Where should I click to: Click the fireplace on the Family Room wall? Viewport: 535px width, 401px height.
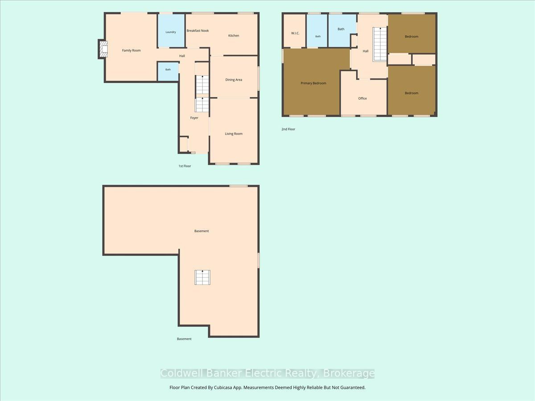103,49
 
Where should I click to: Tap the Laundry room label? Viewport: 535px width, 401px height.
171,32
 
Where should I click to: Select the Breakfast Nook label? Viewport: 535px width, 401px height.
198,31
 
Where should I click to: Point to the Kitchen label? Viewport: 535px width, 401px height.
234,36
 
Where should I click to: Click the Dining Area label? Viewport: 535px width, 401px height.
234,80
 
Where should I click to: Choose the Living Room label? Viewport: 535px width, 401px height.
234,134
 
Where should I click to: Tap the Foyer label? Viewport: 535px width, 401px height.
194,118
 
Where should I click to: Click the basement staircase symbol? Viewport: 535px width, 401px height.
202,277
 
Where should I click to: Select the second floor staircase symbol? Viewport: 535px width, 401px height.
380,44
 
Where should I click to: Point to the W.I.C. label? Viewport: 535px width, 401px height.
295,33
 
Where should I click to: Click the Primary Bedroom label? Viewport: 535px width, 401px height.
313,83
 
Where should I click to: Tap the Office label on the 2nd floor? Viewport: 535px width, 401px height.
362,98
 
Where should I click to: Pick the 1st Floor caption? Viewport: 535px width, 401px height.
185,166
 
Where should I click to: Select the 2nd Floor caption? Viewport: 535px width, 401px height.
288,129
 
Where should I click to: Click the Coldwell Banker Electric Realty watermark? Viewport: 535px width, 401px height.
267,373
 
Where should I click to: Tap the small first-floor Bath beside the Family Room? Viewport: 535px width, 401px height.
168,72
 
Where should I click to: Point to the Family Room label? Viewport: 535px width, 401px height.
132,50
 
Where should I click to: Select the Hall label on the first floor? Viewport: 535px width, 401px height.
182,56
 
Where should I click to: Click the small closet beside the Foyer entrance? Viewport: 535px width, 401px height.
184,145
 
